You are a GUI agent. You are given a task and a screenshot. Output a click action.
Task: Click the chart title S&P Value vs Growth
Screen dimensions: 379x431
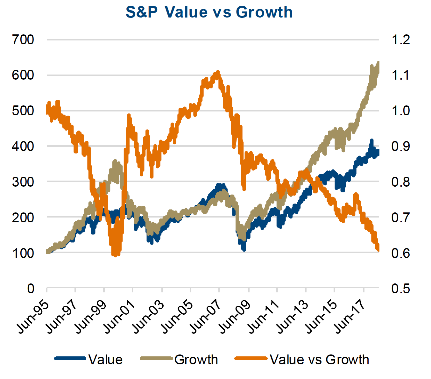[x=209, y=12]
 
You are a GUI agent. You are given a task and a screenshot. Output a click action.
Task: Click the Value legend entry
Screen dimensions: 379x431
[x=105, y=360]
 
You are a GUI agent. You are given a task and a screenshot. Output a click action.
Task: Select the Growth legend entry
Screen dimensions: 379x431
[x=196, y=360]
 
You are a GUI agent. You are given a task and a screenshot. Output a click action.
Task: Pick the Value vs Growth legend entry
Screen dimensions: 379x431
[x=319, y=360]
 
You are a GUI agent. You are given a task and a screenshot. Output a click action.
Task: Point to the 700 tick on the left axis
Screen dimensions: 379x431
[x=23, y=40]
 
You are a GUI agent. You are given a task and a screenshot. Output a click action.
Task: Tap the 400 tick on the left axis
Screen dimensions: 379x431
[x=23, y=146]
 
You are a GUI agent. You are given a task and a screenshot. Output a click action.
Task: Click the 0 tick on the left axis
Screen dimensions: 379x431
[x=31, y=288]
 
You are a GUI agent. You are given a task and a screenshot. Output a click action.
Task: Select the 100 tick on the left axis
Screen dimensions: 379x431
[x=23, y=253]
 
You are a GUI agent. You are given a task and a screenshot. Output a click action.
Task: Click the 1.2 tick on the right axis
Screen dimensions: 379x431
[x=400, y=40]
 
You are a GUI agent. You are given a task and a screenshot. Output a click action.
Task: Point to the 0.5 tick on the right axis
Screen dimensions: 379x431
[x=400, y=288]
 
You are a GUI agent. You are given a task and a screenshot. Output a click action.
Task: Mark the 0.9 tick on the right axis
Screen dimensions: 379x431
[x=400, y=146]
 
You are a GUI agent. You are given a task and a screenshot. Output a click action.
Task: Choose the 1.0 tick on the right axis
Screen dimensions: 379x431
[x=400, y=111]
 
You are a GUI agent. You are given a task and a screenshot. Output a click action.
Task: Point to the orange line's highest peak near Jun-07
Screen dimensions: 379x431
[x=218, y=72]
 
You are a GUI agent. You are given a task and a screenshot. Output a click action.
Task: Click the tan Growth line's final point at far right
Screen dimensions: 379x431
[x=378, y=63]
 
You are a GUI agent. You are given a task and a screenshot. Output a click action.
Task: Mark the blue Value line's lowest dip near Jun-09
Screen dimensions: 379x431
[x=244, y=249]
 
